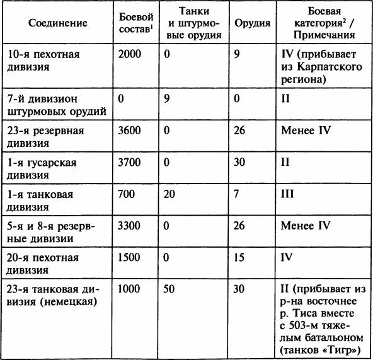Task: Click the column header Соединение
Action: (x=56, y=23)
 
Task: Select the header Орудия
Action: (x=252, y=23)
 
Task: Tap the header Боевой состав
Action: (x=134, y=23)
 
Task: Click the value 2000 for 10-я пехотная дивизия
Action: (x=130, y=54)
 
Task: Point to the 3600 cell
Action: (x=130, y=130)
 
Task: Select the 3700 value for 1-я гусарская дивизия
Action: (x=130, y=162)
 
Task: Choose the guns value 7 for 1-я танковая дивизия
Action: (x=237, y=194)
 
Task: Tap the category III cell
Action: (x=287, y=194)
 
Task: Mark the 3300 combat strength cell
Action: (x=130, y=225)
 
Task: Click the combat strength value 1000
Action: (x=130, y=289)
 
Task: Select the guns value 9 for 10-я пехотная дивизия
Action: (x=237, y=54)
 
